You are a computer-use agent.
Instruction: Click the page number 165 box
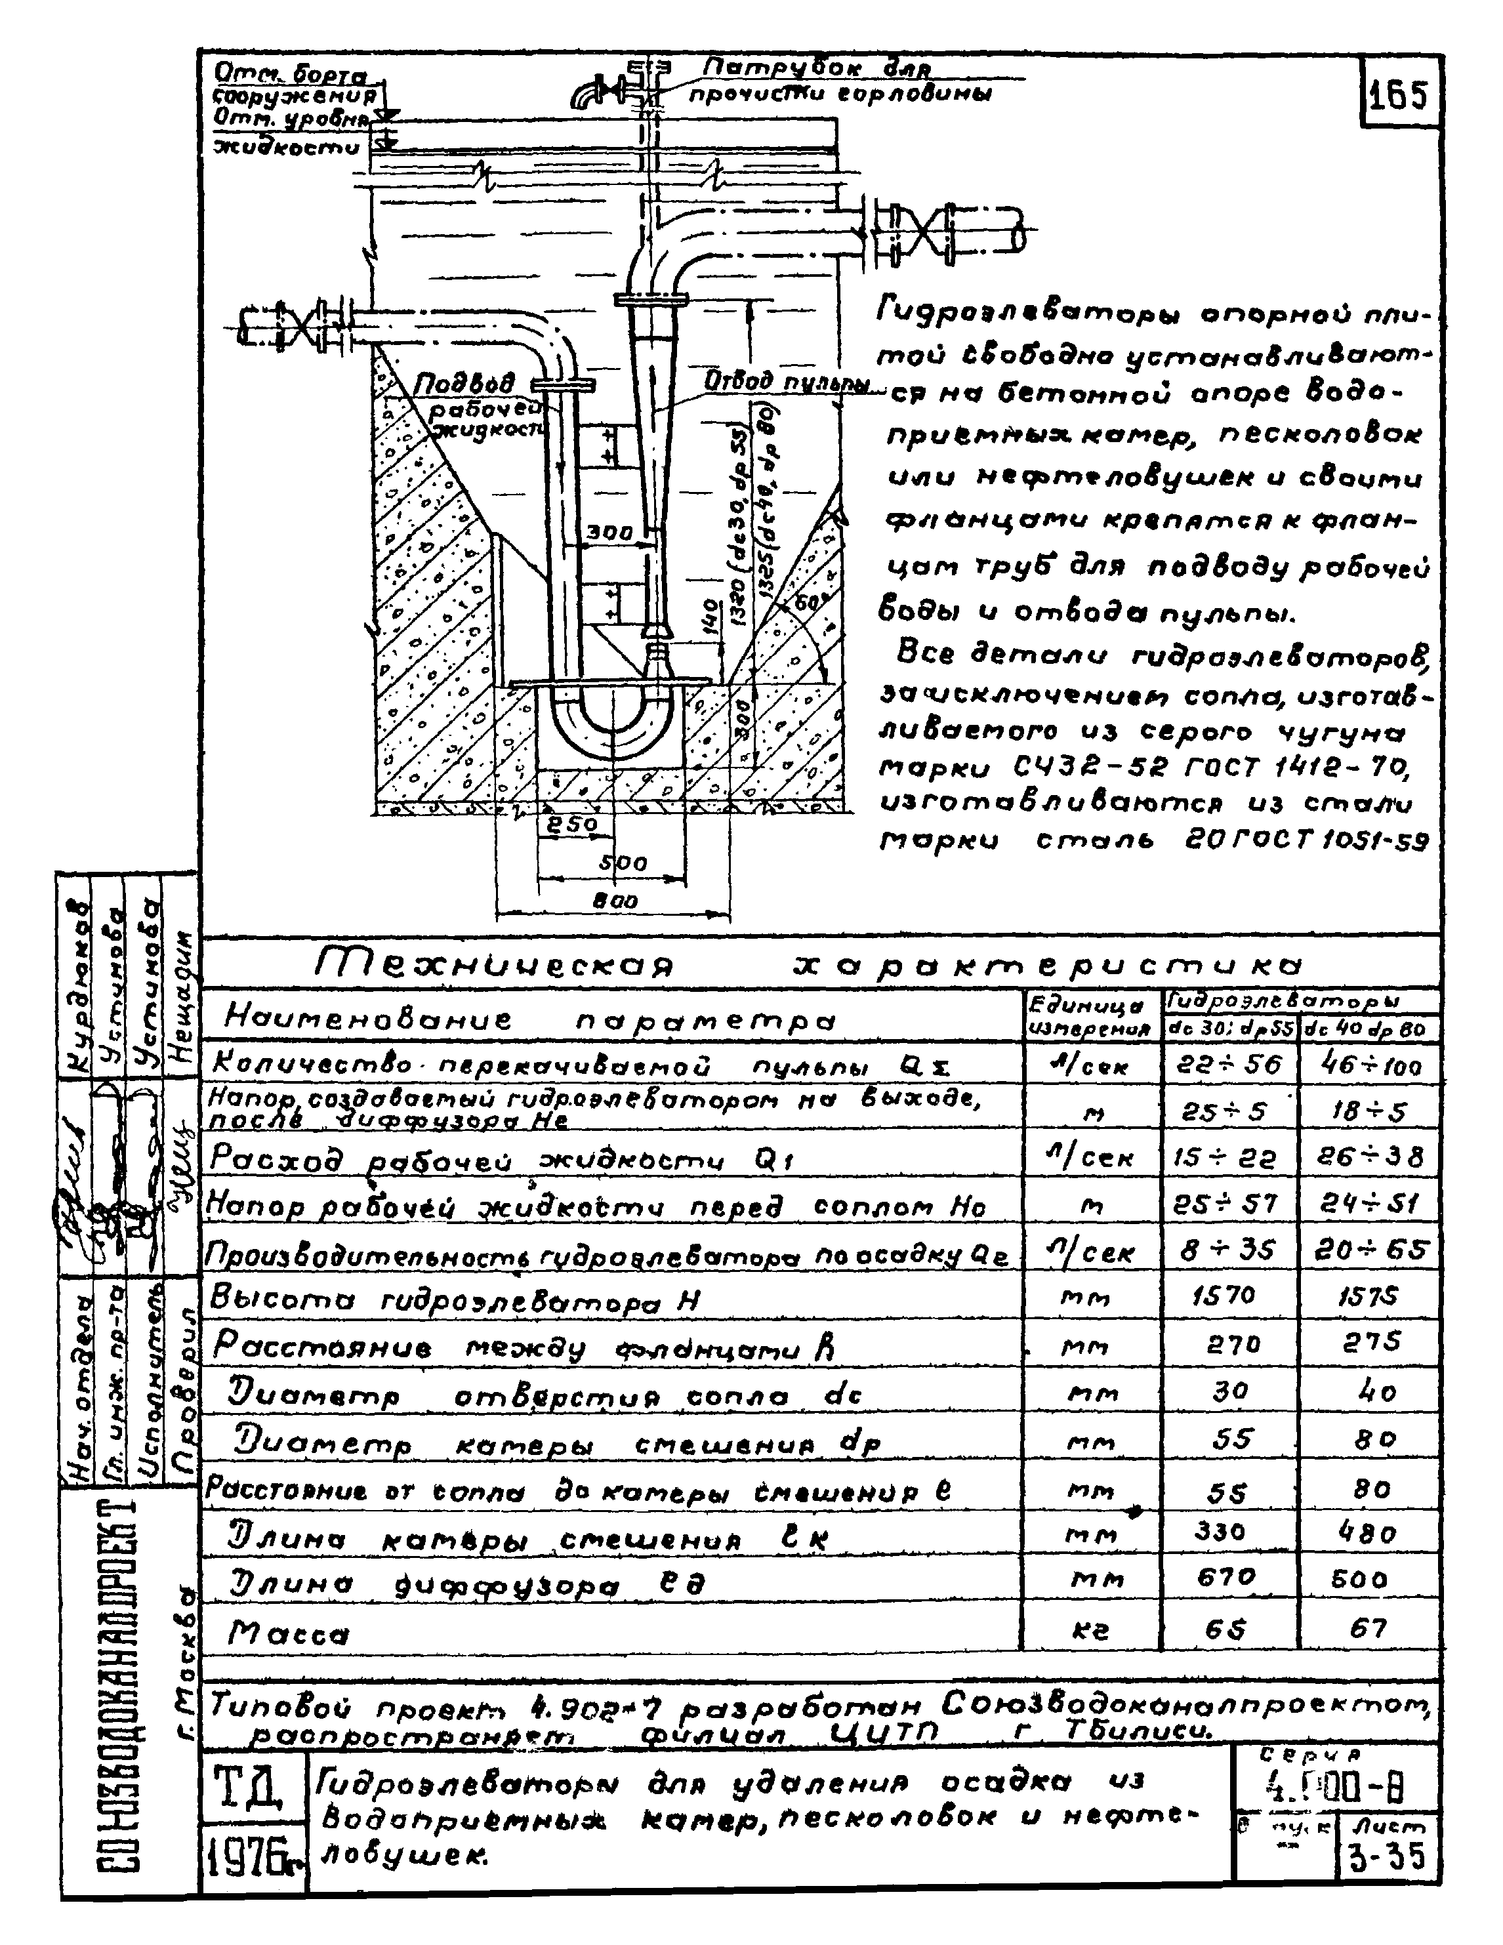[1401, 95]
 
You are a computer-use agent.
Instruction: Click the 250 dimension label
[571, 825]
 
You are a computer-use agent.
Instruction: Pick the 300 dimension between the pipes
[609, 533]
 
